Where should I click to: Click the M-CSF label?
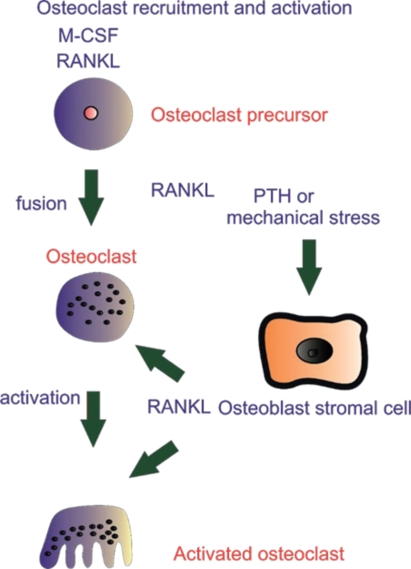click(88, 36)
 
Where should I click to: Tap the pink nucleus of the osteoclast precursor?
click(91, 113)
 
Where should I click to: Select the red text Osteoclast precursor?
click(239, 115)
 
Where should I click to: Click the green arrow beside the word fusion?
click(91, 197)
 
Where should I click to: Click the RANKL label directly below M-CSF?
click(88, 61)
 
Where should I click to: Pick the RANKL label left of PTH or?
click(183, 190)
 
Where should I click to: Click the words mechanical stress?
click(303, 218)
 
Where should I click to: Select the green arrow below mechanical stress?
click(309, 267)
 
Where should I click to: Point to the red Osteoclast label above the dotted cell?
click(91, 256)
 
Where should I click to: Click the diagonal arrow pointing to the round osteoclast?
click(160, 363)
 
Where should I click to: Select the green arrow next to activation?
click(93, 419)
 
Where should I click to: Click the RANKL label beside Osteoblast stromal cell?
click(179, 407)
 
